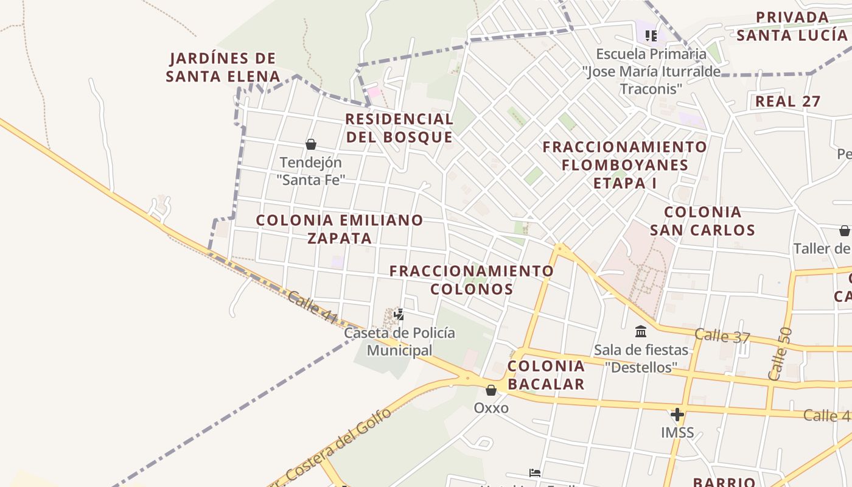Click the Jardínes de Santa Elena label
(223, 68)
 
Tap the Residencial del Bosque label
(399, 128)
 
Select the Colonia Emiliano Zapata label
(340, 229)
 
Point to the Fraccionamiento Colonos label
(472, 279)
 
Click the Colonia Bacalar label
(546, 374)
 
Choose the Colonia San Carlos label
(702, 221)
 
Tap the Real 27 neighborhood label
(787, 102)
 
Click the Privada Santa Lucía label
(792, 26)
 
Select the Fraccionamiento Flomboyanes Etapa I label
(624, 164)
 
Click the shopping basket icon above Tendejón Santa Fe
(311, 144)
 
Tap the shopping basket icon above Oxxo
(491, 390)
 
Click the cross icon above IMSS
(677, 415)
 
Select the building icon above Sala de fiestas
(641, 332)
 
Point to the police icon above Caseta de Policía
(399, 315)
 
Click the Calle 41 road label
(312, 307)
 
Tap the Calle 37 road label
(722, 335)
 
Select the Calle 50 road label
(781, 354)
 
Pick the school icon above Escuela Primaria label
(651, 36)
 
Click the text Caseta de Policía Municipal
(399, 342)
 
